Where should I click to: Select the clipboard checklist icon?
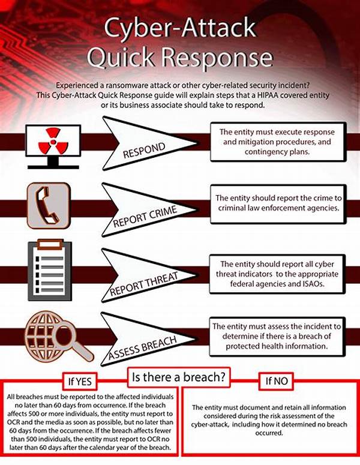[50, 270]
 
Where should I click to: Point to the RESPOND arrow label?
[144, 150]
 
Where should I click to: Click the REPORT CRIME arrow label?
[145, 217]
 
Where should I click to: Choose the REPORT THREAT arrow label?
[144, 284]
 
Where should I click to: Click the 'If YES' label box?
[80, 381]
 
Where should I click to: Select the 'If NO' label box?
[276, 381]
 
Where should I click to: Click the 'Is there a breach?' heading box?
[179, 377]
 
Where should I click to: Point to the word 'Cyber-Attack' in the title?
[180, 28]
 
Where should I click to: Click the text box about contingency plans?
[278, 142]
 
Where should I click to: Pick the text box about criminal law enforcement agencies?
[278, 204]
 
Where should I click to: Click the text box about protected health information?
[277, 336]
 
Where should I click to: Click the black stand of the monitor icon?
[53, 163]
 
